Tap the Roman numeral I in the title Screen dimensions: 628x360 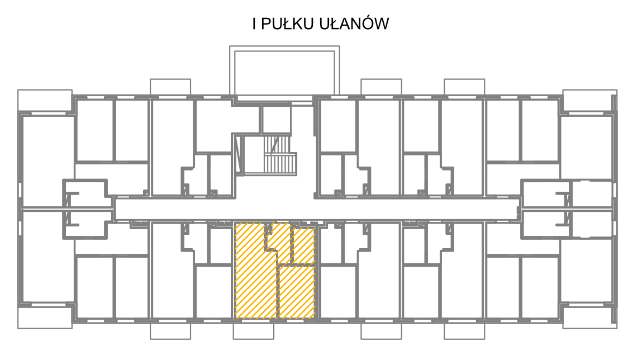[254, 23]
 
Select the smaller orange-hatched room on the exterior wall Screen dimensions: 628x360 [297, 292]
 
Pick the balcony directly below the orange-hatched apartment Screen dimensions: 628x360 [254, 331]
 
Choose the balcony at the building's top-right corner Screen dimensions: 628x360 [589, 101]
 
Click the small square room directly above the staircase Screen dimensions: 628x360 [276, 119]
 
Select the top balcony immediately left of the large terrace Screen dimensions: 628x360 [170, 87]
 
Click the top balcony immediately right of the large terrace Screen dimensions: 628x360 [381, 87]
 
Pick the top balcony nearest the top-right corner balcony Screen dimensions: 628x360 [464, 87]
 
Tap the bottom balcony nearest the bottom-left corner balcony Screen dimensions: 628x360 [170, 331]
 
